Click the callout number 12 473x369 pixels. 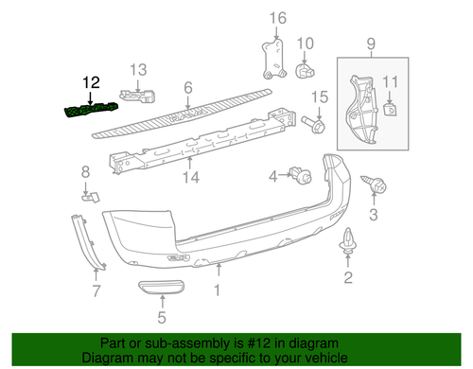pos(90,82)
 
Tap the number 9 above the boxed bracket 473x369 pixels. pos(371,44)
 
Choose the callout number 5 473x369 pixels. pos(160,318)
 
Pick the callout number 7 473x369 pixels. pos(96,290)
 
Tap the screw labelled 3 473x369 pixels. pos(377,188)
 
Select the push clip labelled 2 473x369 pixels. pos(346,248)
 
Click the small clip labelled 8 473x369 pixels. pos(92,197)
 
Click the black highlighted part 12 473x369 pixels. pos(88,111)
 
